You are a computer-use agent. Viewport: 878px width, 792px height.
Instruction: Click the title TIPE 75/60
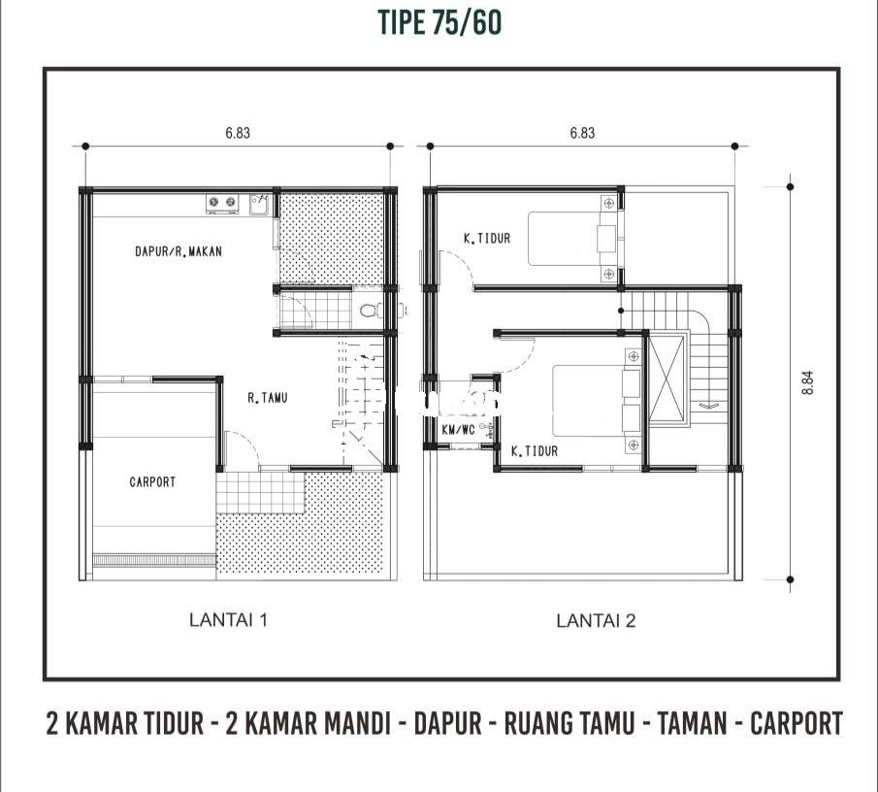439,23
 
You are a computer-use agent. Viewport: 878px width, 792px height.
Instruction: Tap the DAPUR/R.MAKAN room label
179,251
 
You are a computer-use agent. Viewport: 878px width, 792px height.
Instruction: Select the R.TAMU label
268,398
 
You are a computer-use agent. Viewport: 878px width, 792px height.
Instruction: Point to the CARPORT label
152,481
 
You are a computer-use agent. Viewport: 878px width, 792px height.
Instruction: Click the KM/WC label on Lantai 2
459,430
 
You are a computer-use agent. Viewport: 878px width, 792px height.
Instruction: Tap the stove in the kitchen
222,203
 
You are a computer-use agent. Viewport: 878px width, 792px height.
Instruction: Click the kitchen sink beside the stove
260,204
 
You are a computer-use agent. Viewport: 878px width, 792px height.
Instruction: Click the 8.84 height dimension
807,383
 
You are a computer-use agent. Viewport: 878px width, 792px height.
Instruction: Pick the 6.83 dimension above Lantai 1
238,133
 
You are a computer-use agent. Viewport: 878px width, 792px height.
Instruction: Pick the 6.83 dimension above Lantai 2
582,133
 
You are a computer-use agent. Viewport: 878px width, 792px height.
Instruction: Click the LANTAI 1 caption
228,620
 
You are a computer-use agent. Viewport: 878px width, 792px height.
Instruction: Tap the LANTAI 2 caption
596,620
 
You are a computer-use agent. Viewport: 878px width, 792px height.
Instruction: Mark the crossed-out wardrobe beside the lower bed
667,379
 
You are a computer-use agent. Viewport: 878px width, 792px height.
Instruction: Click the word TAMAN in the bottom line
692,723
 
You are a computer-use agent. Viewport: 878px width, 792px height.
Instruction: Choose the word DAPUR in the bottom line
447,723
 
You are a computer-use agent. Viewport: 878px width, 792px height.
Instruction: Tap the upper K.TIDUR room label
487,239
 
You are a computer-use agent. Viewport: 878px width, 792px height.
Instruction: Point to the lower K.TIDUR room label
535,451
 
